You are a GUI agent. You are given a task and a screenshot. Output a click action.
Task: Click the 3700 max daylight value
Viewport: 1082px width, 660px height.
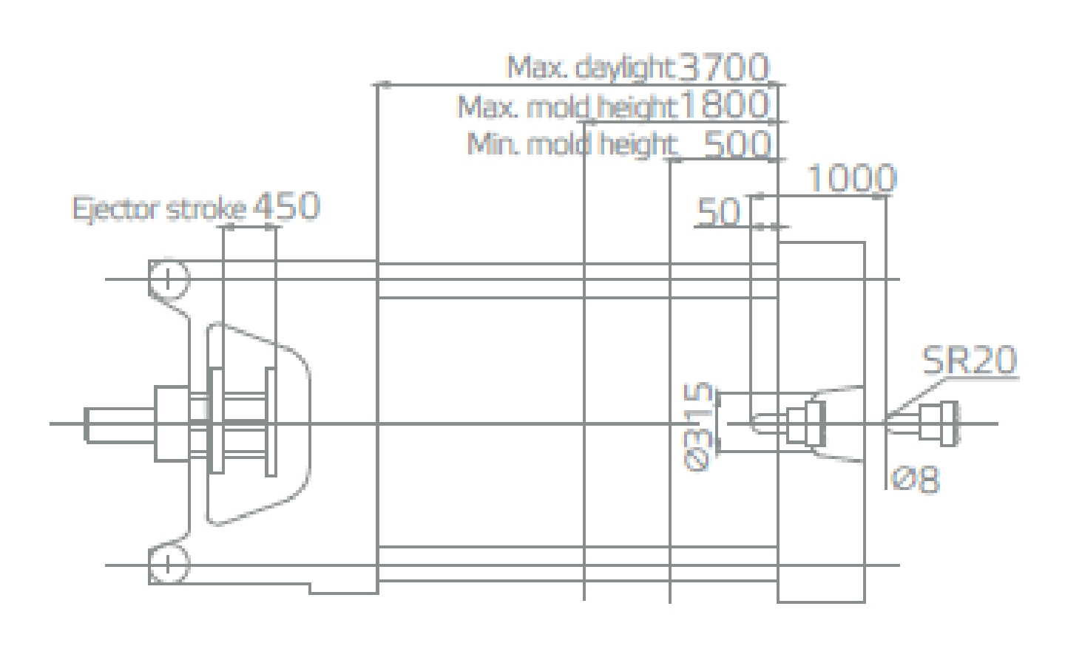pos(723,67)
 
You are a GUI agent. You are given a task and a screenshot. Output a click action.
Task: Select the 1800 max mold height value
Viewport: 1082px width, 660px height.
pos(724,104)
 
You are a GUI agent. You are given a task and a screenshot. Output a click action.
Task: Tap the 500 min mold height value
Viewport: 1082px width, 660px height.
pos(737,144)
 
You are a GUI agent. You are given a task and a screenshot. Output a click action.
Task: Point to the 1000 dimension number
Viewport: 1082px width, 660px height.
pos(852,178)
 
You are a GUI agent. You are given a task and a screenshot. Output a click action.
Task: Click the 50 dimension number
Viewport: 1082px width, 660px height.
pos(718,211)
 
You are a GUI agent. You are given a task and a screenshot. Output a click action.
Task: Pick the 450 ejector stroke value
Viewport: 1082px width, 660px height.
pos(286,206)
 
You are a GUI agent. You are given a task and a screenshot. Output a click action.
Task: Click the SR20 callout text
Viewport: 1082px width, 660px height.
pos(970,360)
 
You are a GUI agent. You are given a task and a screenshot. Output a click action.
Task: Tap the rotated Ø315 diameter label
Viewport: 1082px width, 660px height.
pos(698,426)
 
